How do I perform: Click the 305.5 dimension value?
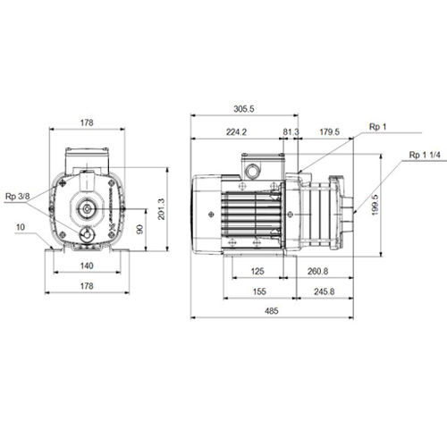(244, 109)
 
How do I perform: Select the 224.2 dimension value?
(236, 131)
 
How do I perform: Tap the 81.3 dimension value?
(291, 131)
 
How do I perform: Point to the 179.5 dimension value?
(329, 131)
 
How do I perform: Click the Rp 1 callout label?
(377, 127)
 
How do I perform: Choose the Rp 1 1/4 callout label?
(425, 155)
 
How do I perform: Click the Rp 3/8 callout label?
(18, 197)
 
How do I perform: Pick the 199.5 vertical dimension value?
(375, 205)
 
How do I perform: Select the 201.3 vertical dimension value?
(161, 209)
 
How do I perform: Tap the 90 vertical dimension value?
(139, 229)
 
